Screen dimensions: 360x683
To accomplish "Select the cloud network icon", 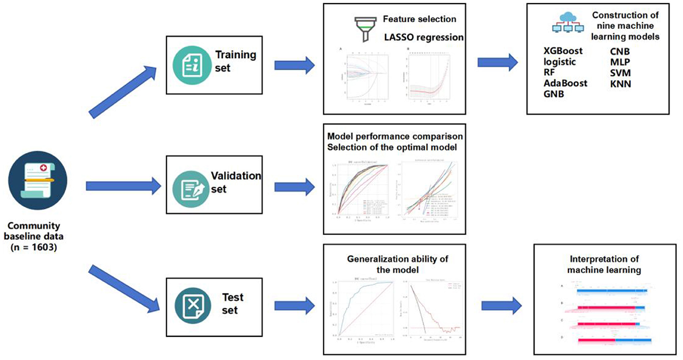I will [568, 23].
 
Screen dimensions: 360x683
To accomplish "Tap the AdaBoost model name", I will [565, 83].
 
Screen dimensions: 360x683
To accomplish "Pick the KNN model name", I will [621, 83].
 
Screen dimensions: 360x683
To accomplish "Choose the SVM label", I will [621, 73].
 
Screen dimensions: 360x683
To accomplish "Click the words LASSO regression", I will [424, 37].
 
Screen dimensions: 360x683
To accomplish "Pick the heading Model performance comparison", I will [395, 137].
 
